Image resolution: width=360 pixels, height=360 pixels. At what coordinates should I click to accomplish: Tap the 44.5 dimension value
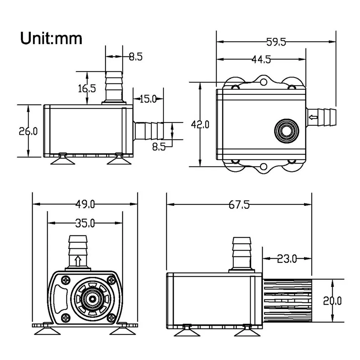tap(261, 60)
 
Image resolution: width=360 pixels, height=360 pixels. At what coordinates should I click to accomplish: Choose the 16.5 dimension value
tap(87, 88)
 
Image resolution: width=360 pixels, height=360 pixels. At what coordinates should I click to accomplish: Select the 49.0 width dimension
tap(85, 204)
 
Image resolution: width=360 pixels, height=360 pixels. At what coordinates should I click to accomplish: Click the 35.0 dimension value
tap(85, 223)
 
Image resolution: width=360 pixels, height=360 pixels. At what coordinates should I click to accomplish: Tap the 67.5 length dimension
tap(238, 205)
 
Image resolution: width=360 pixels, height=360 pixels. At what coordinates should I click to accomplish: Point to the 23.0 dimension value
tap(287, 258)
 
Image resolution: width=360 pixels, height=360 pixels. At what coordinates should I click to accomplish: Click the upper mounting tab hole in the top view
tap(263, 82)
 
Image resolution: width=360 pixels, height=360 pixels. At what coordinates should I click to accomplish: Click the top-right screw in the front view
tap(112, 280)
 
